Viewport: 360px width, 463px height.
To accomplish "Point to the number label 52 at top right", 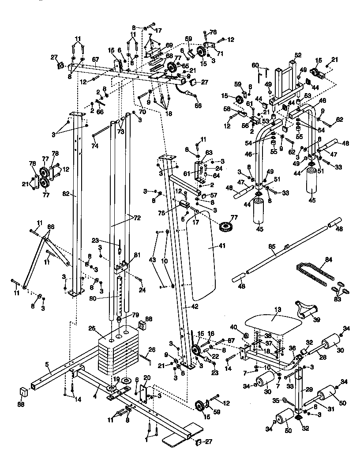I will pos(298,55).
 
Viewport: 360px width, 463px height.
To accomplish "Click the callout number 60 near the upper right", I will pos(255,65).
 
